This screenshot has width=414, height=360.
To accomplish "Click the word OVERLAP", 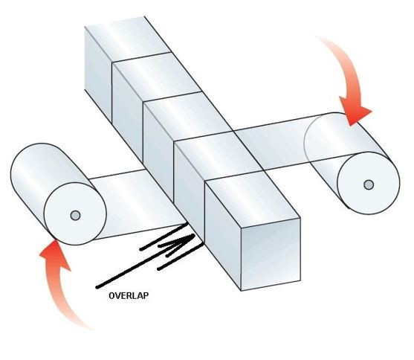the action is [x=129, y=295].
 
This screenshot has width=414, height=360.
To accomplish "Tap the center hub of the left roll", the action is [x=76, y=215].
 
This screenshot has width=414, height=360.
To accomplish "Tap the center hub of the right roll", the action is [x=369, y=184].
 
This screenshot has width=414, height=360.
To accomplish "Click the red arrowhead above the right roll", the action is [x=355, y=111].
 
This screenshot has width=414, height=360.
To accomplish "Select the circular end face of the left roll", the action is [x=76, y=213].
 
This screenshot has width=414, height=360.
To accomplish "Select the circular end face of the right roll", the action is [x=369, y=183].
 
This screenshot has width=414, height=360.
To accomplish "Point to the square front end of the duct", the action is [x=271, y=254].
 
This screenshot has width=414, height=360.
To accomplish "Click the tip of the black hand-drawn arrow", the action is [x=195, y=235].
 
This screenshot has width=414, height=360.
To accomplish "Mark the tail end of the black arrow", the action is [x=97, y=286].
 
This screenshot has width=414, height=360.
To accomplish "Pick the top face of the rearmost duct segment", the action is [x=129, y=39].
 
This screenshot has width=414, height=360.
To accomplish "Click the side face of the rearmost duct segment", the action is [x=99, y=74].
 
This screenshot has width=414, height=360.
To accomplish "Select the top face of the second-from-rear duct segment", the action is [x=157, y=77].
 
